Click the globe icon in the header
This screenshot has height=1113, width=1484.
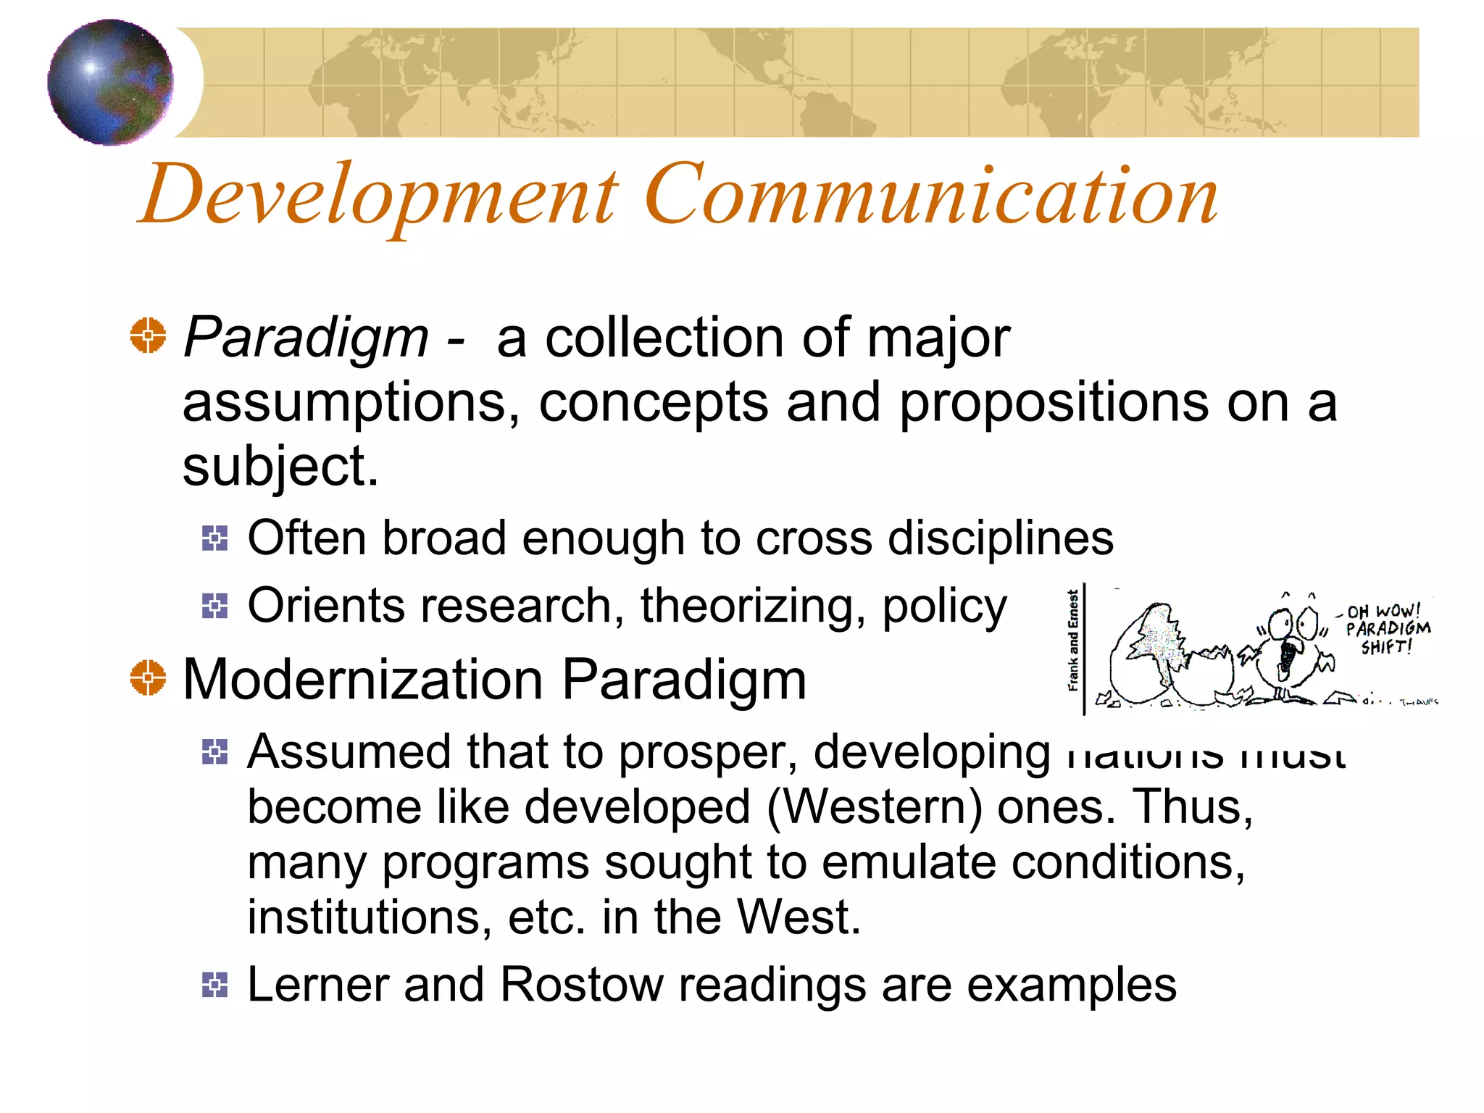(x=110, y=82)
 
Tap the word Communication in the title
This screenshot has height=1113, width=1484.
(x=930, y=194)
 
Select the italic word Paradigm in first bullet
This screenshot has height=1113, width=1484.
(x=306, y=338)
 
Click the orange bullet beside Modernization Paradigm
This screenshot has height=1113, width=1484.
(x=148, y=678)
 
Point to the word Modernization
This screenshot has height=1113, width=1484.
(x=363, y=680)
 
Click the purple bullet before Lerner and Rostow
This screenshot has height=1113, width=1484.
(x=214, y=985)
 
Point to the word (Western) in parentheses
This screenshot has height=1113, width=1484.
(x=875, y=807)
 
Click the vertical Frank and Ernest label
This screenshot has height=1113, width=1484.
(x=1073, y=641)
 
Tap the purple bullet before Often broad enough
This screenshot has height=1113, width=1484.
(x=214, y=538)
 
